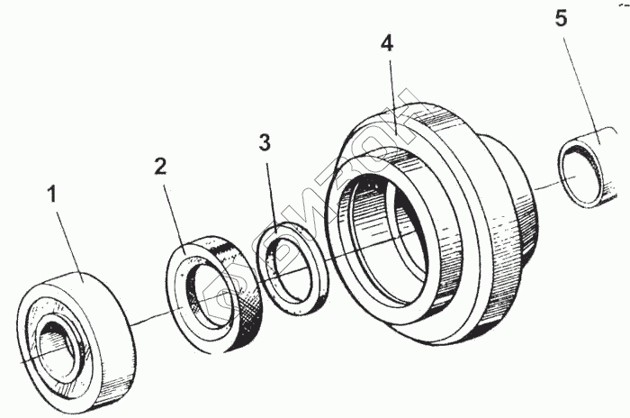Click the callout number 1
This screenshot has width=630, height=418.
[52, 193]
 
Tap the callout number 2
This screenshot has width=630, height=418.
[160, 166]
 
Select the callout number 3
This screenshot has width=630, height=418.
[263, 142]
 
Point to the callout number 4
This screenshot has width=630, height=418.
[387, 44]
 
